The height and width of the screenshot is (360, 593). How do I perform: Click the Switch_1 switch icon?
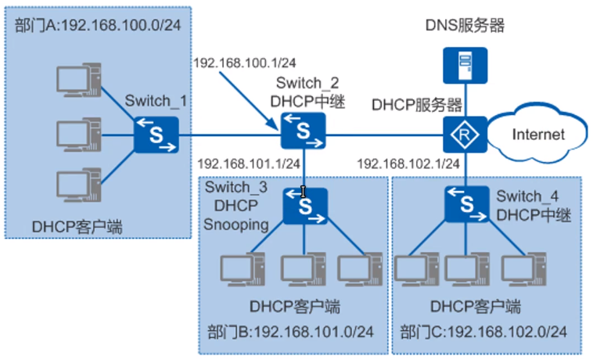point(156,135)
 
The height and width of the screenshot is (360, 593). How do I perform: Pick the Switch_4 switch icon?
point(467,205)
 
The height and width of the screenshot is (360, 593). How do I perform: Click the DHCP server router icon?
point(466,135)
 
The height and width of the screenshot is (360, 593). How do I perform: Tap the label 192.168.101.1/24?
point(249,164)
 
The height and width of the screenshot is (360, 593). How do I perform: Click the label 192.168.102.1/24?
point(408,164)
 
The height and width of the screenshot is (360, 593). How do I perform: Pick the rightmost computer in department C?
point(521,271)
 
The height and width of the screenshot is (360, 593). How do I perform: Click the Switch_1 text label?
point(157,100)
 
